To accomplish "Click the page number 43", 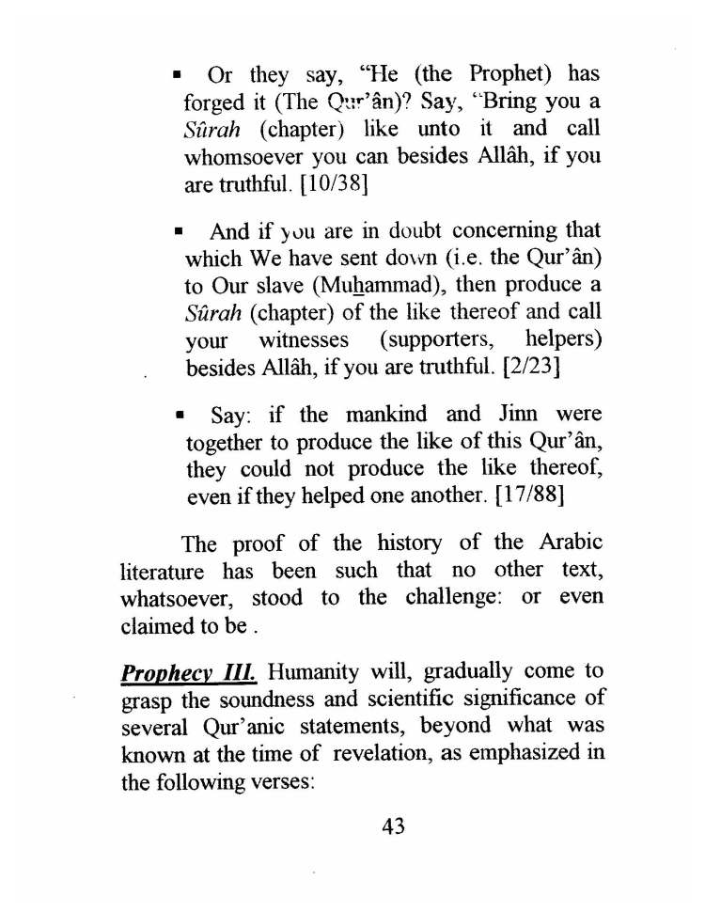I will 393,826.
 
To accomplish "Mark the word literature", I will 163,571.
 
